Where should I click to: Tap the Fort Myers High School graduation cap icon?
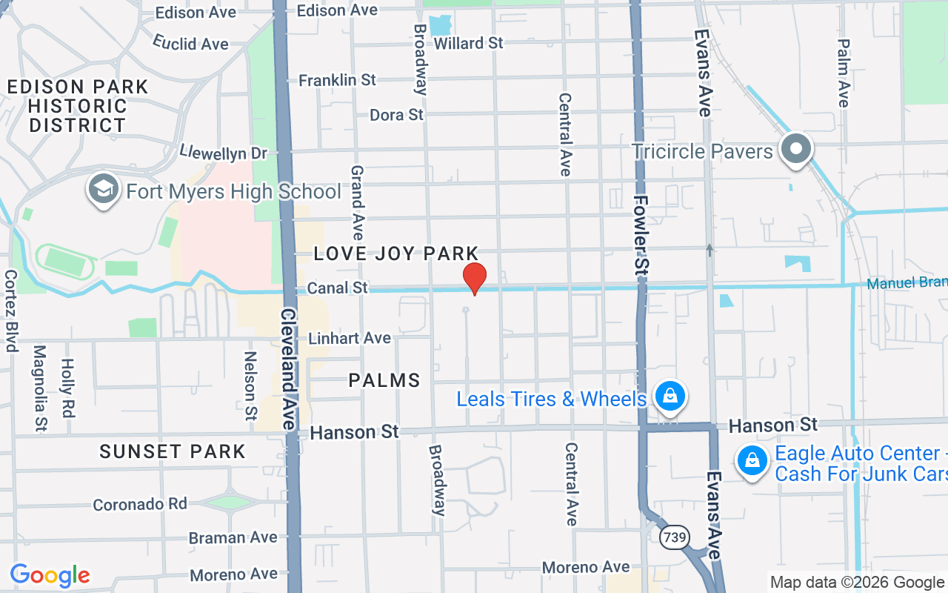coord(104,191)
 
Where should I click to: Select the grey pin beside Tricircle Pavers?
coord(796,149)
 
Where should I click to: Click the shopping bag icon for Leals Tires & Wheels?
coord(670,397)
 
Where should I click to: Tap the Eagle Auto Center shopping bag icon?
coord(752,460)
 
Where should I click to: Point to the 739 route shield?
coord(675,536)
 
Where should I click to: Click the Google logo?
coord(50,575)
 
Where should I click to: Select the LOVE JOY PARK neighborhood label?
coord(396,254)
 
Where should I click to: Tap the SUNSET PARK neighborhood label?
coord(173,451)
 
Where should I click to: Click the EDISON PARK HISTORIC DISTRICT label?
coord(78,106)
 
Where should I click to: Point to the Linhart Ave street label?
coord(350,338)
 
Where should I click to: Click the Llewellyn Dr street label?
coord(223,153)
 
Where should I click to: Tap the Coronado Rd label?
coord(140,504)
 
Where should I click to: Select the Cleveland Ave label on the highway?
coord(287,368)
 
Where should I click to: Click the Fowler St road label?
coord(641,236)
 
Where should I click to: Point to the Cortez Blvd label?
coord(10,310)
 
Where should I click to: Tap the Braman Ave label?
coord(233,537)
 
